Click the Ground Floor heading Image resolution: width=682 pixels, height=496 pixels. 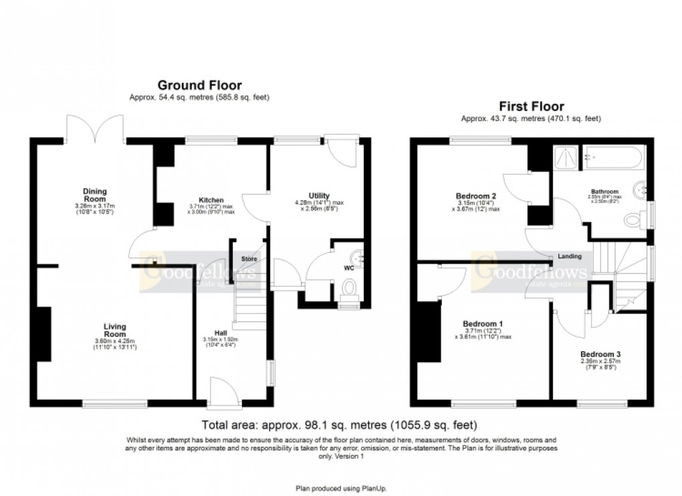199,85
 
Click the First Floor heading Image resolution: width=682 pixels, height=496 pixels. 531,106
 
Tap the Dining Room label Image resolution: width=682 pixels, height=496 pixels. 90,195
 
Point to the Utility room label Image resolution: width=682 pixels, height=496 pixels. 319,195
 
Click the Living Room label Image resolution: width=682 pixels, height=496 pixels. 114,330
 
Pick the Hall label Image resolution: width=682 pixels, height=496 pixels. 221,333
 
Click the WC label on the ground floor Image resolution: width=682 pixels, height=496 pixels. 348,268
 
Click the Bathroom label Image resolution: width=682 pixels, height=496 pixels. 604,191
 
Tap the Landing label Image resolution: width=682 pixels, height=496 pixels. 570,256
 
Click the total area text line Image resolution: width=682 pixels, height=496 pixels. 340,425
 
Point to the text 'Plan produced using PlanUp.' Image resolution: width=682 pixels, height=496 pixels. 341,488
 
